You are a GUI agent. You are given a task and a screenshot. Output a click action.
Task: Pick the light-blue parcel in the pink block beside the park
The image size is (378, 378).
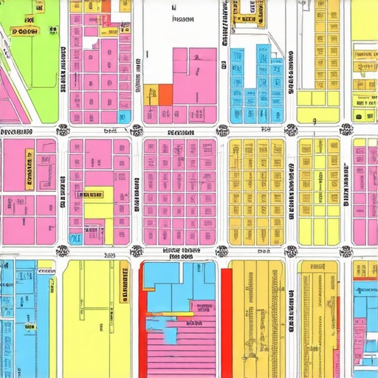(x=124, y=116)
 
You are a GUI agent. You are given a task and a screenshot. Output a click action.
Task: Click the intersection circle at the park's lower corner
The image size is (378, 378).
(x=63, y=130)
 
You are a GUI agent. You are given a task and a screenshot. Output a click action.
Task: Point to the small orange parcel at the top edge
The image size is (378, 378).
(x=105, y=6)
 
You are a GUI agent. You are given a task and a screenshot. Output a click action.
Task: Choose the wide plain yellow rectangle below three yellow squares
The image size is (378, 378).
(x=318, y=99)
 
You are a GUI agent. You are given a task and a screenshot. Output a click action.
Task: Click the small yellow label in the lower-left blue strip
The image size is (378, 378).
(x=30, y=325)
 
